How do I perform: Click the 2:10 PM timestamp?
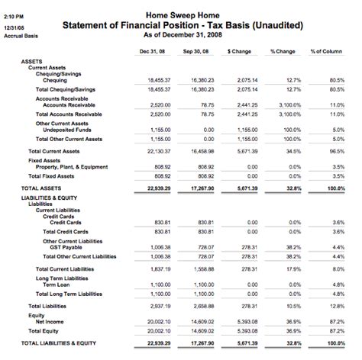click(x=13, y=14)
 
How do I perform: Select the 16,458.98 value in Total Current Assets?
click(x=199, y=151)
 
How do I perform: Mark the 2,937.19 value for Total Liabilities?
click(x=154, y=305)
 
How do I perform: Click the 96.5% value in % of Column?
click(x=338, y=151)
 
